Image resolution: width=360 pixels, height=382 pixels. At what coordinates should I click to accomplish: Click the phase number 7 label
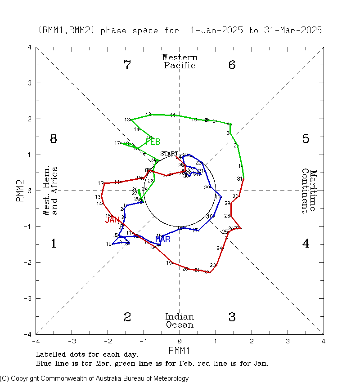pyautogui.click(x=127, y=65)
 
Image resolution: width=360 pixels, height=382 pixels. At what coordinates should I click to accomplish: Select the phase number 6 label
pyautogui.click(x=232, y=65)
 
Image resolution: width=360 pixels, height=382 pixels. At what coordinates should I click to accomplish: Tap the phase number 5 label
pyautogui.click(x=306, y=139)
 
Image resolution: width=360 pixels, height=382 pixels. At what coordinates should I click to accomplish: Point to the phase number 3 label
pyautogui.click(x=232, y=317)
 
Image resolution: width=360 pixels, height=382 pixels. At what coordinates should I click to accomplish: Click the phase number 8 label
pyautogui.click(x=53, y=139)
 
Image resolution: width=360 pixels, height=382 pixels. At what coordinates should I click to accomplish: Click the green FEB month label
pyautogui.click(x=153, y=142)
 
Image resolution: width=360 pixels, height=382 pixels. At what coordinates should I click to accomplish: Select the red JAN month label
pyautogui.click(x=112, y=220)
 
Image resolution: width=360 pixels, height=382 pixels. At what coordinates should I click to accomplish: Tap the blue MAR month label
pyautogui.click(x=162, y=239)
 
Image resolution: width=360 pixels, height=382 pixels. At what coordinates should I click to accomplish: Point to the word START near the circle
pyautogui.click(x=169, y=154)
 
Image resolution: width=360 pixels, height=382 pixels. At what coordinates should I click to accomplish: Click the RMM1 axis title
pyautogui.click(x=180, y=350)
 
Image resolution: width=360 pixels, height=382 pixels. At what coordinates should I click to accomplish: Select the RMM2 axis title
pyautogui.click(x=20, y=191)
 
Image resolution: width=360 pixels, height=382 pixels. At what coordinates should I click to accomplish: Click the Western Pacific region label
pyautogui.click(x=180, y=61)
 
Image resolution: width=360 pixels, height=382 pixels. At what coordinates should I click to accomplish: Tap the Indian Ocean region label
pyautogui.click(x=180, y=321)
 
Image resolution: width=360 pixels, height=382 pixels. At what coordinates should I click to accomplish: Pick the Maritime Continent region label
pyautogui.click(x=309, y=191)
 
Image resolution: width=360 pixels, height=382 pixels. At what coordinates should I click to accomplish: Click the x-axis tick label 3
pyautogui.click(x=288, y=341)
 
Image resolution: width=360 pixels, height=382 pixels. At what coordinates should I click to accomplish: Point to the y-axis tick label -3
pyautogui.click(x=28, y=298)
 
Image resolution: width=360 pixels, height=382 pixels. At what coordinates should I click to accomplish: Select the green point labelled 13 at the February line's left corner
pyautogui.click(x=131, y=120)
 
